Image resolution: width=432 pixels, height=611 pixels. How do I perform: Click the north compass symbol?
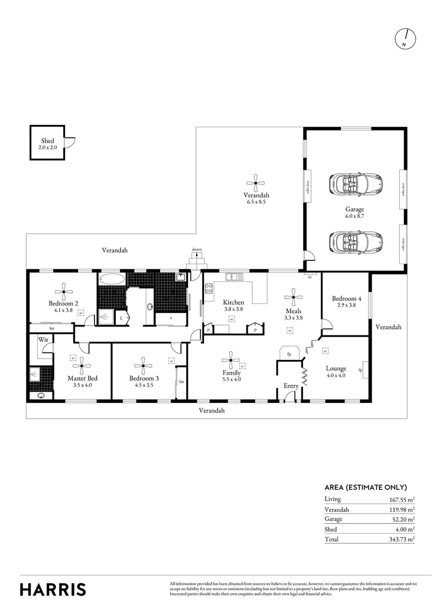tap(405, 38)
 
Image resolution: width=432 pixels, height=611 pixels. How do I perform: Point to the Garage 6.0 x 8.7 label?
tap(355, 212)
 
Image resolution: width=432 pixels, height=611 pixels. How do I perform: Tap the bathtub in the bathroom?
tap(111, 279)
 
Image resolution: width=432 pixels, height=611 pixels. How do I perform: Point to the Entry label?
tap(291, 386)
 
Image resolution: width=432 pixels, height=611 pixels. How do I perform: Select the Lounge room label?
tap(335, 368)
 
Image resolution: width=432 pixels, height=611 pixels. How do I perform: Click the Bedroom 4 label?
tap(346, 298)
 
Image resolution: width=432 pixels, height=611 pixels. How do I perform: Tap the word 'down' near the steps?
tap(197, 249)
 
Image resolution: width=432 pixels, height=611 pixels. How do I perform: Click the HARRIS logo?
tap(53, 589)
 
